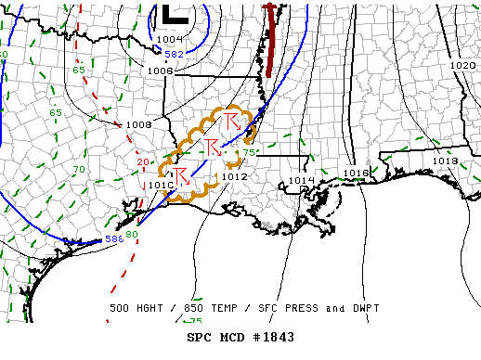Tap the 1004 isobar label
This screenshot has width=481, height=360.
170,39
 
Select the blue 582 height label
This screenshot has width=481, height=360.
174,54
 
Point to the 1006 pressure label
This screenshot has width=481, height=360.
160,71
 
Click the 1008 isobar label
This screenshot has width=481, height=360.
138,124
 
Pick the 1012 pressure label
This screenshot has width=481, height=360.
234,176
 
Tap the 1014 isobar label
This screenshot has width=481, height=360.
301,180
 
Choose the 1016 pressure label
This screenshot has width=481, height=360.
356,174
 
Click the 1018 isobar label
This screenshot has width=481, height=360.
445,161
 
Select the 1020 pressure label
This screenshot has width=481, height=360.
462,66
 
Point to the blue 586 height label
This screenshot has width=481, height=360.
114,239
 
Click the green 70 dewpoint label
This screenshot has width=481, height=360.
79,170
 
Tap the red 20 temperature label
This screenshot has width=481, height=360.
142,162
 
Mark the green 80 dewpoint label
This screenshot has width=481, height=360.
132,234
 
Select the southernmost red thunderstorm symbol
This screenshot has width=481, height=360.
181,174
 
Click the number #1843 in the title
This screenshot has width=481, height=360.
269,337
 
